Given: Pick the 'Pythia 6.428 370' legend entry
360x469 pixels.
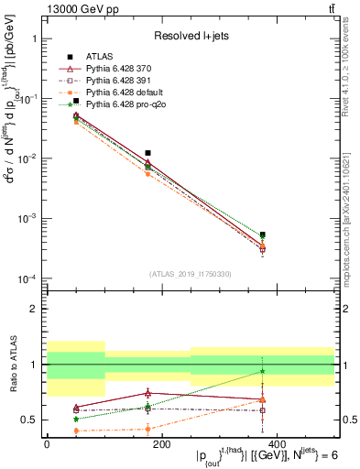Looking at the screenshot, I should [x=118, y=70].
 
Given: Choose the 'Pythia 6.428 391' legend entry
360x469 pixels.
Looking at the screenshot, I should [x=118, y=82].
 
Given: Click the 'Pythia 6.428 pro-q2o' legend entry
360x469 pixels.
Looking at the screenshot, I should [x=125, y=105].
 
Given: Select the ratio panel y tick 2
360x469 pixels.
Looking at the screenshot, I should [x=34, y=309].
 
